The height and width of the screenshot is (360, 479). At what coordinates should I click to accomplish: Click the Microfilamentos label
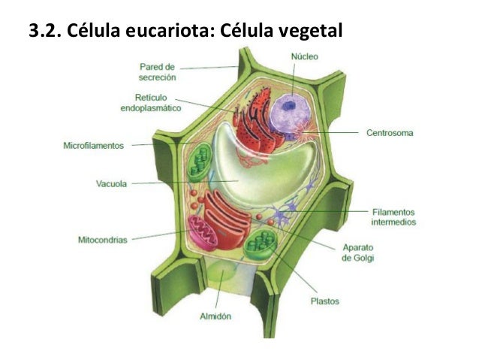93,146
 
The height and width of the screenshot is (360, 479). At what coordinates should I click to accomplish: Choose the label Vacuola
111,183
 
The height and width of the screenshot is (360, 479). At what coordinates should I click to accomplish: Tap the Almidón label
215,316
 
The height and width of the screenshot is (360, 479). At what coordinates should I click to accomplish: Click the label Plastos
324,301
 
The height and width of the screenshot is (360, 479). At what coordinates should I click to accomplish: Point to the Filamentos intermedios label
393,216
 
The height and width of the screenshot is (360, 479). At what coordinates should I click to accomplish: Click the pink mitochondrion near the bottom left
206,234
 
